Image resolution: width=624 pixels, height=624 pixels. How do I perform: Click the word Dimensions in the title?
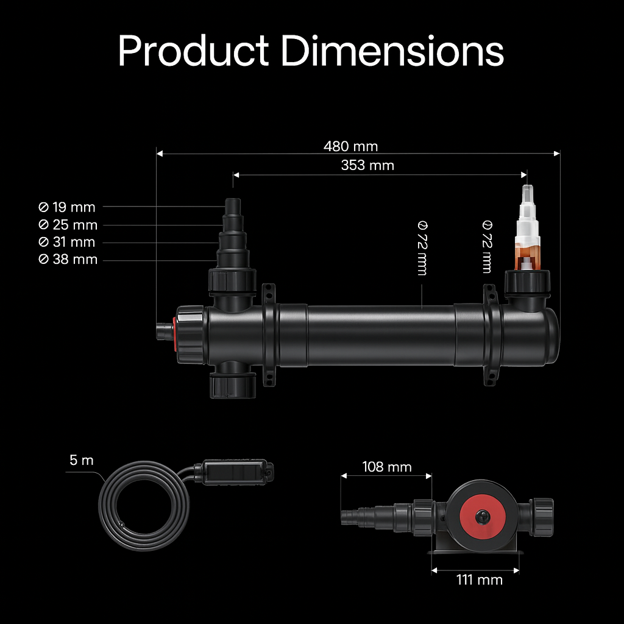[x=393, y=51]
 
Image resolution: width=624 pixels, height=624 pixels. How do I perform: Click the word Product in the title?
[x=193, y=51]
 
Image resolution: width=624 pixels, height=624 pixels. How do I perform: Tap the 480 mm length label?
[x=350, y=146]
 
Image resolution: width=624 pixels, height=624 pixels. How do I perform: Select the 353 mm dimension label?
[x=367, y=165]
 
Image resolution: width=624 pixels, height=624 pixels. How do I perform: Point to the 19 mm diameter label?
[x=67, y=207]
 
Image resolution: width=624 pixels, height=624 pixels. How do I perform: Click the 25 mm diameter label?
[x=68, y=225]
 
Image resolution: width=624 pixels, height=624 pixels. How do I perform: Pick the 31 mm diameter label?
[x=67, y=242]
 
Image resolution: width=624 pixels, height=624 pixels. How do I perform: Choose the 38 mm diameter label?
[x=68, y=259]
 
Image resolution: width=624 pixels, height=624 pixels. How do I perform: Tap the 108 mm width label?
[x=387, y=467]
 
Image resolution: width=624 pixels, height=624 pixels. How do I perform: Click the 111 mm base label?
[x=479, y=580]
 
